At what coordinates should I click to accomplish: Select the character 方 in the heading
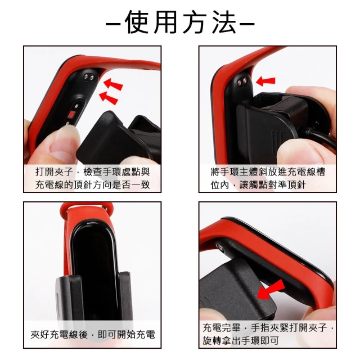point(195,22)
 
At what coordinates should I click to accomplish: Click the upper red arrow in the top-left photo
point(113,84)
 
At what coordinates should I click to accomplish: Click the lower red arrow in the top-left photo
point(109,98)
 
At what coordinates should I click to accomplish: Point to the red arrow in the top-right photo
point(265,81)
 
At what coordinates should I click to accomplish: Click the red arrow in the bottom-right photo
point(271,290)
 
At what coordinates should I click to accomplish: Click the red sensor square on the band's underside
point(72,114)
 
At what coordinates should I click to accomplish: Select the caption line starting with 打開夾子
point(92,172)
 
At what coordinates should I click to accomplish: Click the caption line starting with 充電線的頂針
point(92,184)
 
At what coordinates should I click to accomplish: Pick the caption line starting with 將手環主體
point(268,172)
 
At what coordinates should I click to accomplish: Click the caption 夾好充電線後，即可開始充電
point(93,335)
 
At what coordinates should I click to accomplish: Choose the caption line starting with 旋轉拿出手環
point(241,340)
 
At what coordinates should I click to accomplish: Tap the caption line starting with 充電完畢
point(268,327)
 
